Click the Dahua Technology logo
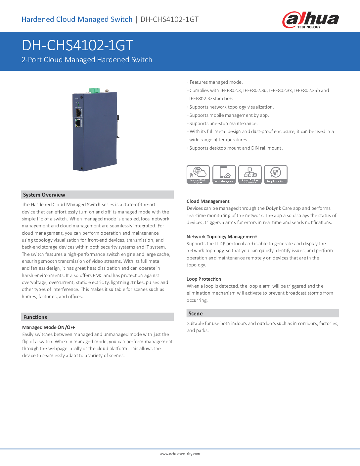310,20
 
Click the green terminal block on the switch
94,90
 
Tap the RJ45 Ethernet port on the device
78,123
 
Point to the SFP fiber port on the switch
78,113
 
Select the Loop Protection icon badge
276,174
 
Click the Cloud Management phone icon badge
224,174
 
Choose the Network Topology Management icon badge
250,174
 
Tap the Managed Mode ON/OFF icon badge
198,174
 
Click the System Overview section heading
44,195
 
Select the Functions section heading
35,317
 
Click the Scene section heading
196,313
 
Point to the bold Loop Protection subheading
204,279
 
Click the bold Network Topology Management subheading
222,237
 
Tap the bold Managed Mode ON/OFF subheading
49,327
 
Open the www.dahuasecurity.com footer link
180,454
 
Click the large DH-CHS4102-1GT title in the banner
77,45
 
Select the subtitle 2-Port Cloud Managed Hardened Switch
87,60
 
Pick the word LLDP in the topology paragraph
220,244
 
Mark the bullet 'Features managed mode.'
216,82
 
